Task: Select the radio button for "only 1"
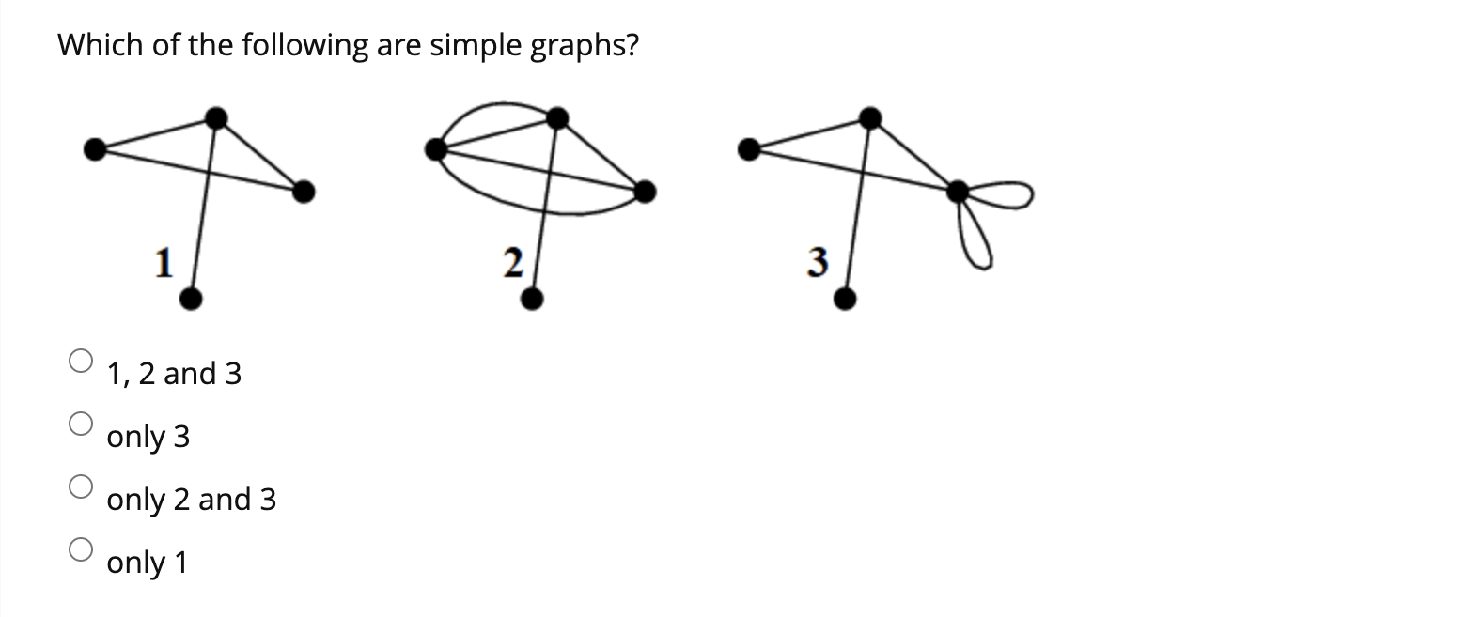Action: [x=81, y=548]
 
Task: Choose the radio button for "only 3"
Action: [x=81, y=424]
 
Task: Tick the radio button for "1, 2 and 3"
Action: [x=81, y=361]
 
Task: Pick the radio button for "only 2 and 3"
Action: [x=81, y=486]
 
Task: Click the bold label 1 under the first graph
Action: [x=164, y=262]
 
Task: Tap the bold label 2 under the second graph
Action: [x=511, y=263]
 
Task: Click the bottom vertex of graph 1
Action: [x=190, y=300]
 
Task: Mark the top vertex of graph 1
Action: [x=216, y=117]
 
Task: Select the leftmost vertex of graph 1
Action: [x=95, y=148]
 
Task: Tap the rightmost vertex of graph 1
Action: [x=303, y=193]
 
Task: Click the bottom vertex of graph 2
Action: [x=531, y=300]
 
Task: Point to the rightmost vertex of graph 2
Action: [x=645, y=193]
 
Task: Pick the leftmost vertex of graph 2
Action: [x=436, y=148]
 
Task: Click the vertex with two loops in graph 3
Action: [x=958, y=193]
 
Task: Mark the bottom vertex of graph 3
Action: [x=845, y=300]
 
